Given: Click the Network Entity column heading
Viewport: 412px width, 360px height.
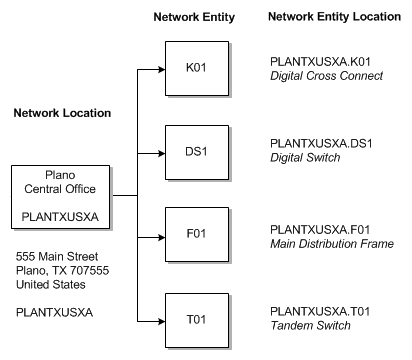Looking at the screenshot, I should pyautogui.click(x=193, y=18).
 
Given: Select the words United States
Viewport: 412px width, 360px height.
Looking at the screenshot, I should pyautogui.click(x=50, y=285).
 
